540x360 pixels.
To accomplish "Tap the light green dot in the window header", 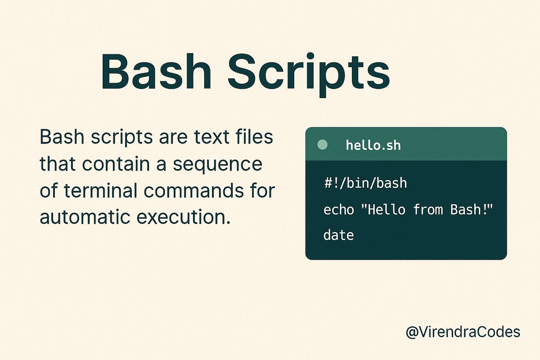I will click(x=323, y=145).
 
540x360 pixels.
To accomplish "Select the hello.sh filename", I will click(x=373, y=145).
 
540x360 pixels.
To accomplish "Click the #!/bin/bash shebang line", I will click(x=365, y=183).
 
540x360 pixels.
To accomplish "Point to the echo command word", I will click(x=338, y=209).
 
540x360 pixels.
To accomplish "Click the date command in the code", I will click(x=338, y=235).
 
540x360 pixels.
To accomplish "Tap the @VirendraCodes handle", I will click(x=463, y=333).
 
